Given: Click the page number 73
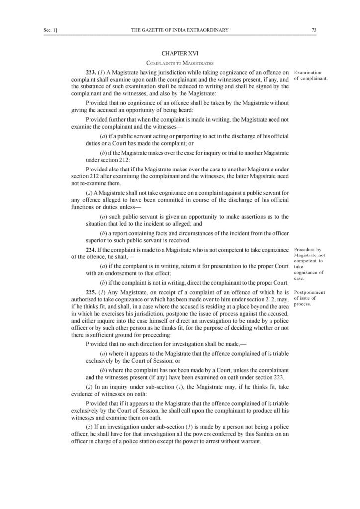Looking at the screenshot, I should (314, 30).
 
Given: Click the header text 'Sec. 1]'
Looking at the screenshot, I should (51, 30).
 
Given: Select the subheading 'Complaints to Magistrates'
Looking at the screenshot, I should (180, 63).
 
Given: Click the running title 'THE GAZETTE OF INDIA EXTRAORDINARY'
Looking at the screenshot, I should (180, 30).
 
